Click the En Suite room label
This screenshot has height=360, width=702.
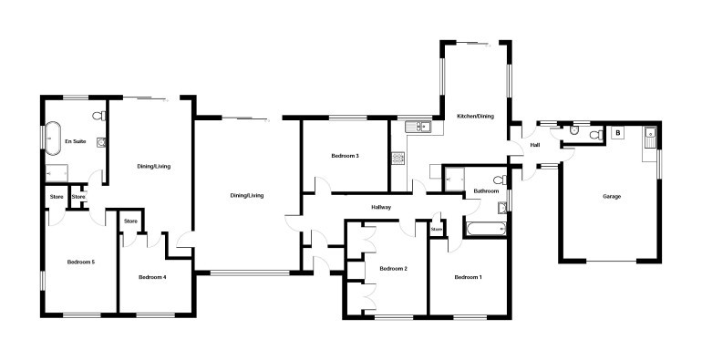[76, 141]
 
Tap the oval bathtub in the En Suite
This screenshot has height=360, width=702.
[52, 139]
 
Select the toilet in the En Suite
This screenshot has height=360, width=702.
[100, 116]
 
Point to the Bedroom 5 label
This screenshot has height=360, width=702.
[81, 262]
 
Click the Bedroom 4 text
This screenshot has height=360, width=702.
[152, 277]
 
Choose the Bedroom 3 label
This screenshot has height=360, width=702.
[346, 156]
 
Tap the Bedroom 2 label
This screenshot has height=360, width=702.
[394, 269]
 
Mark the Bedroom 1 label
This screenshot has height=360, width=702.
[469, 277]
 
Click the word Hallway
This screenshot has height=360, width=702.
[381, 207]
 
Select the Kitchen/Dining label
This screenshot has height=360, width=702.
[476, 116]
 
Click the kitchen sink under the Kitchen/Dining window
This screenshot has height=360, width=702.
[418, 127]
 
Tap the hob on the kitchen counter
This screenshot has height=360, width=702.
[398, 159]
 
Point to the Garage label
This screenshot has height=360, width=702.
[612, 196]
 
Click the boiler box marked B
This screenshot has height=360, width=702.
[618, 133]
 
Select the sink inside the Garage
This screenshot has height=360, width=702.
[649, 138]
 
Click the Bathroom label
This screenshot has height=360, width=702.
[486, 191]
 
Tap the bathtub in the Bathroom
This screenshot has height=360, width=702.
[486, 230]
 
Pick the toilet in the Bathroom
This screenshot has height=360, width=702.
[501, 180]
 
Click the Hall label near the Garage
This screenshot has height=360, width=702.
[535, 145]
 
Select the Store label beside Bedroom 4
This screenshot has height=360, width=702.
[130, 221]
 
